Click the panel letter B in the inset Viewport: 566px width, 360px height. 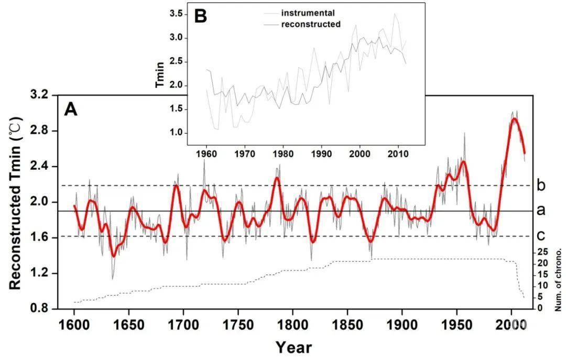[x=200, y=16]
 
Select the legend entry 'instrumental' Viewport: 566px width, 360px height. [x=308, y=13]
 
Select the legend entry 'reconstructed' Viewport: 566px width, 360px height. [x=311, y=24]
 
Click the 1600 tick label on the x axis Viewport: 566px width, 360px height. [x=74, y=322]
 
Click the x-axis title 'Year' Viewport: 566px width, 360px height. [x=293, y=346]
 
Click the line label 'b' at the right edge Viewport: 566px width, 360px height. [x=541, y=185]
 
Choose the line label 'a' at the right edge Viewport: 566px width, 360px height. [x=541, y=211]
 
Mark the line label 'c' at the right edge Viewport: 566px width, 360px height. [x=541, y=236]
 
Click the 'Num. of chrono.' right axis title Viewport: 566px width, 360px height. [x=559, y=280]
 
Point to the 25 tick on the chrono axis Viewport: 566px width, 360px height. [x=543, y=252]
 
